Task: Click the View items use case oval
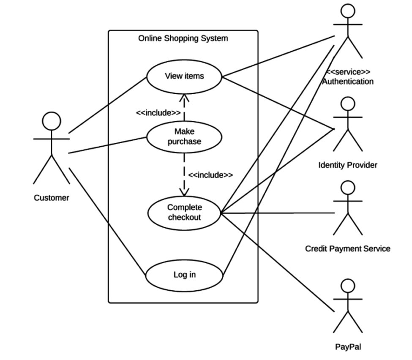[x=184, y=76]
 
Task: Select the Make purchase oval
[x=184, y=136]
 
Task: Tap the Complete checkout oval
[x=184, y=213]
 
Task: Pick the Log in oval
[x=184, y=275]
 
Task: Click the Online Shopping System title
[x=183, y=38]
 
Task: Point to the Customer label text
[x=52, y=198]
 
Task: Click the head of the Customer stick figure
[x=52, y=121]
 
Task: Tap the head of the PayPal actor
[x=347, y=286]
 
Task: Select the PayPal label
[x=348, y=347]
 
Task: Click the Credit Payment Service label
[x=348, y=249]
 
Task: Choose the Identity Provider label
[x=348, y=165]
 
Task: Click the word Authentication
[x=348, y=82]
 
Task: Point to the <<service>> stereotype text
[x=348, y=72]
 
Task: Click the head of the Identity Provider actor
[x=347, y=104]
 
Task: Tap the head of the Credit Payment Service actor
[x=347, y=188]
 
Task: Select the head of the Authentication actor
[x=347, y=11]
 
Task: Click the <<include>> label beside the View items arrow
[x=158, y=113]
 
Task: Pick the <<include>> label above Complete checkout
[x=210, y=175]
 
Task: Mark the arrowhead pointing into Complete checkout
[x=184, y=193]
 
